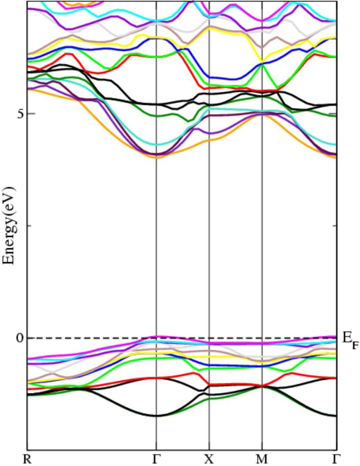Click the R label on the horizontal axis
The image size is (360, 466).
pyautogui.click(x=27, y=459)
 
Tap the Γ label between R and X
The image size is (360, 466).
pyautogui.click(x=157, y=459)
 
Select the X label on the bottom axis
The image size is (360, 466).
pyautogui.click(x=209, y=459)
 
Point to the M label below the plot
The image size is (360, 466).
pyautogui.click(x=262, y=459)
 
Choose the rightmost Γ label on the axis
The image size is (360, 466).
pyautogui.click(x=336, y=459)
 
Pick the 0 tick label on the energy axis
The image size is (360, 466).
pyautogui.click(x=19, y=338)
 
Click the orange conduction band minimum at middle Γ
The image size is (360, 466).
pyautogui.click(x=157, y=157)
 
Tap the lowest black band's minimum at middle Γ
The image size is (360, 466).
pyautogui.click(x=157, y=416)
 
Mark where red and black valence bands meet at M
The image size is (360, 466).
pyautogui.click(x=262, y=386)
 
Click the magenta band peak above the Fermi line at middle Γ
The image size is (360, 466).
pyautogui.click(x=157, y=336)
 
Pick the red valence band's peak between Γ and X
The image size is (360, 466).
pyautogui.click(x=194, y=373)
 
